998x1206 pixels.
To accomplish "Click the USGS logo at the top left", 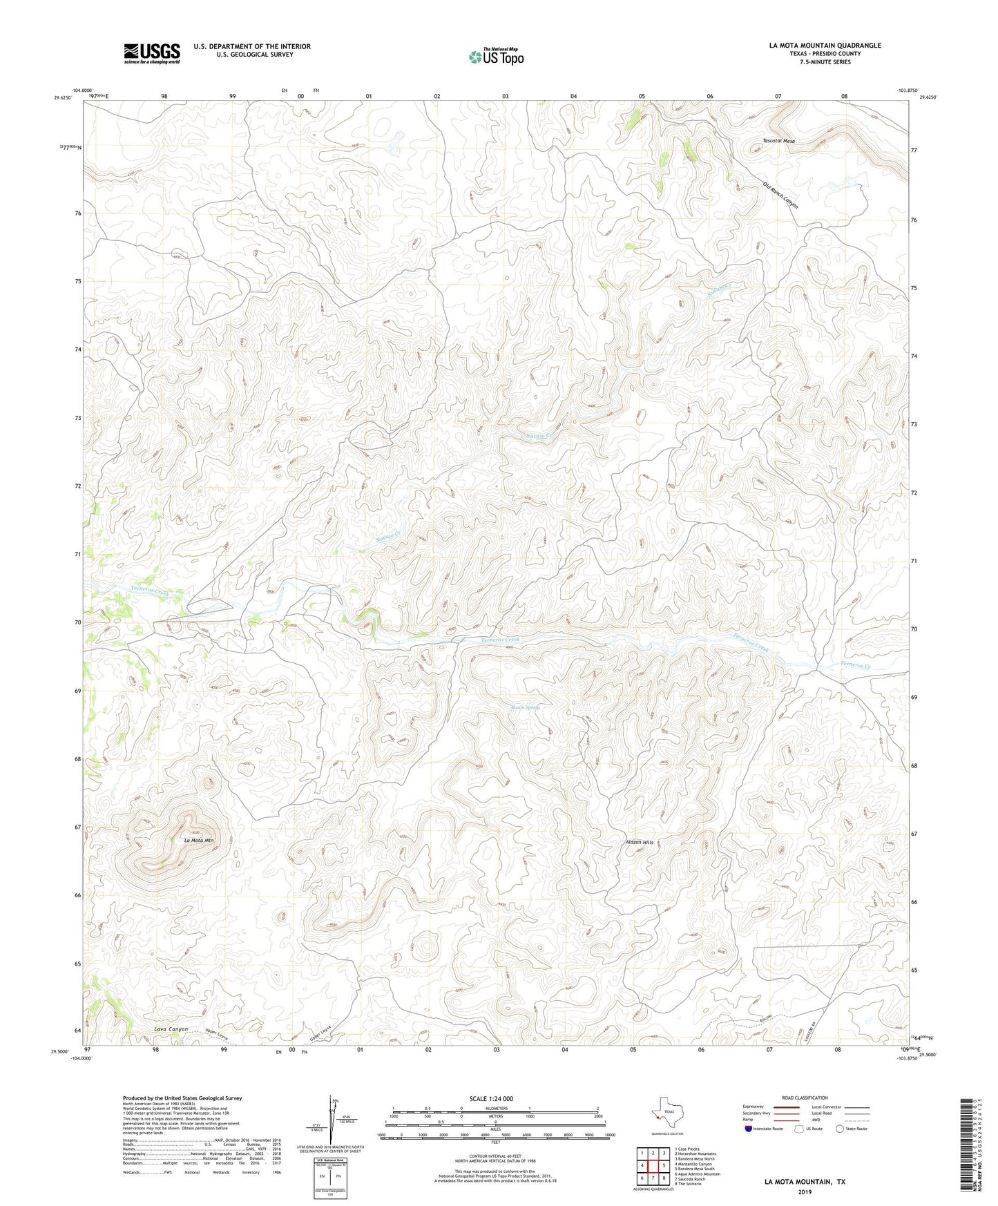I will pos(151,53).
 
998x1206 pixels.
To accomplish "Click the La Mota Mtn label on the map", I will pos(199,841).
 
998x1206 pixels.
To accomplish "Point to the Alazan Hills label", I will pos(638,842).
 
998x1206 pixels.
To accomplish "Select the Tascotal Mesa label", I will pos(778,141).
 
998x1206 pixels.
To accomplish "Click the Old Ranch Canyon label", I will pos(781,195).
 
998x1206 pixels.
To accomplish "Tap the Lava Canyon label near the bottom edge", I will pos(171,1029).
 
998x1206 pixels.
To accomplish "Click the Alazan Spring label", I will pos(525,708).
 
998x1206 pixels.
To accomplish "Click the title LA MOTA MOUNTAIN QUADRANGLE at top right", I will pos(825,46).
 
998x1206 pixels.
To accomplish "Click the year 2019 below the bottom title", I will pos(805,1191).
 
